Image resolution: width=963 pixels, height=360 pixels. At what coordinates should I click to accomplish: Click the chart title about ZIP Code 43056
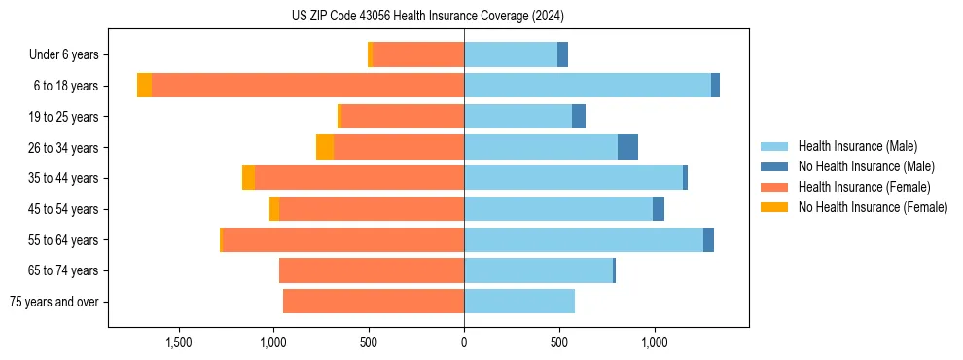pos(427,17)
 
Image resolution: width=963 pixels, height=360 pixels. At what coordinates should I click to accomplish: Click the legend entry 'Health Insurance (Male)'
pos(857,146)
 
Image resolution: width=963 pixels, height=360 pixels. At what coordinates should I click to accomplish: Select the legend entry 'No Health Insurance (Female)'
pos(873,207)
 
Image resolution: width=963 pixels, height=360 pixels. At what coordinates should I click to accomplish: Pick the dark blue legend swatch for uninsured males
pos(775,166)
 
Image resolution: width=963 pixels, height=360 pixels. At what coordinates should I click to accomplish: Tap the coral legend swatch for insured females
pos(775,187)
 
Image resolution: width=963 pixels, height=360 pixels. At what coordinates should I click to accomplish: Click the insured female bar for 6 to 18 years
pos(307,86)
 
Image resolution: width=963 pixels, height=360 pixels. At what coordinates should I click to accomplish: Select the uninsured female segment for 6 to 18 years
pos(144,86)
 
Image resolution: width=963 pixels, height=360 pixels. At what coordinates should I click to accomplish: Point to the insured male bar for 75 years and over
pos(519,302)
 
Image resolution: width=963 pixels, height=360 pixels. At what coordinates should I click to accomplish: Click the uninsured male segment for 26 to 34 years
pos(627,147)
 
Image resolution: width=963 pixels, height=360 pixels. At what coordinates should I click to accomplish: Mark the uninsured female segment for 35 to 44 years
pos(248,178)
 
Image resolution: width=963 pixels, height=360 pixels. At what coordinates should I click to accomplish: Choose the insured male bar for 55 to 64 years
pos(584,239)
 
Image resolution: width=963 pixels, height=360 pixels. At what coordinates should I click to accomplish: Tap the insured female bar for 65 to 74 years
pos(372,270)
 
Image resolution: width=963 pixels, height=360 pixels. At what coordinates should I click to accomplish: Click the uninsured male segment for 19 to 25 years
pos(579,117)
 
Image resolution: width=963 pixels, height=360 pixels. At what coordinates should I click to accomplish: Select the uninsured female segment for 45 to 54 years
pos(274,209)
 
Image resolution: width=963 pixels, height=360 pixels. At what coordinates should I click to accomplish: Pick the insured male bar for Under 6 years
pos(511,54)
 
